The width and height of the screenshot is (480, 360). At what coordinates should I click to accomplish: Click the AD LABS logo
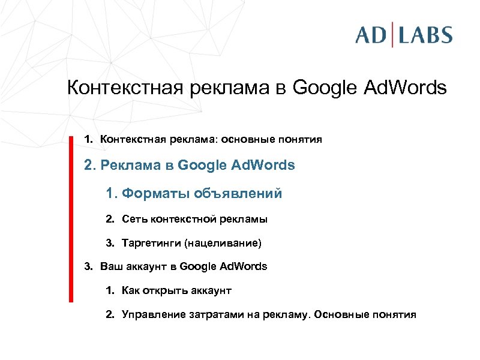(x=403, y=34)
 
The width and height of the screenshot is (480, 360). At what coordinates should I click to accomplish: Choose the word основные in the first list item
(x=247, y=140)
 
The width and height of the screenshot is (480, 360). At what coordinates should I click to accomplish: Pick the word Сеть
(x=133, y=220)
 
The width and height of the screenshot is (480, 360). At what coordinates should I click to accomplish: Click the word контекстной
(x=178, y=220)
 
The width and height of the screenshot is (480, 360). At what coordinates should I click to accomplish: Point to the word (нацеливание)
(x=224, y=244)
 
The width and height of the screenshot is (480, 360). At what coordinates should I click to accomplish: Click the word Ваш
(x=109, y=266)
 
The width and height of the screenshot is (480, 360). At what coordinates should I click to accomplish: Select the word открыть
(x=164, y=291)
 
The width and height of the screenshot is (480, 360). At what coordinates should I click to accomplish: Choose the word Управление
(x=152, y=314)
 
